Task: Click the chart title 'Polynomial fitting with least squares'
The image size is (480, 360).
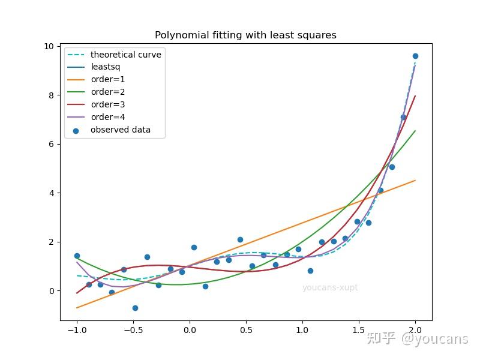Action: pyautogui.click(x=245, y=35)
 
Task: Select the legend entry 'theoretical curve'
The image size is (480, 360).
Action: pyautogui.click(x=125, y=55)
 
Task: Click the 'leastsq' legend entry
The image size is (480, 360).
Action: pyautogui.click(x=105, y=67)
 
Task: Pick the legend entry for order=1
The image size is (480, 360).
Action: pyautogui.click(x=107, y=80)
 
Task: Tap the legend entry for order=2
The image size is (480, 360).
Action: pyautogui.click(x=107, y=92)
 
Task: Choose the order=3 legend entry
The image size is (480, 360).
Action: pyautogui.click(x=107, y=104)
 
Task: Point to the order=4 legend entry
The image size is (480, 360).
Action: pyautogui.click(x=107, y=117)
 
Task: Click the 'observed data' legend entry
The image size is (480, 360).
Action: pyautogui.click(x=120, y=130)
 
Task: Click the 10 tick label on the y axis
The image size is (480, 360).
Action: pyautogui.click(x=49, y=46)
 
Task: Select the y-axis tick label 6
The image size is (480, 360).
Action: pyautogui.click(x=51, y=144)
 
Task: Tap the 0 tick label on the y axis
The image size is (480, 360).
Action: pyautogui.click(x=51, y=291)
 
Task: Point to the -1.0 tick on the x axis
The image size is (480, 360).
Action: pyautogui.click(x=76, y=329)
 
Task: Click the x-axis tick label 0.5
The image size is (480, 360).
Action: pyautogui.click(x=245, y=329)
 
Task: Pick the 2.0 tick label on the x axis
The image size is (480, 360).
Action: pyautogui.click(x=415, y=329)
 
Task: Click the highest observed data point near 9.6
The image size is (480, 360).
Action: pyautogui.click(x=415, y=56)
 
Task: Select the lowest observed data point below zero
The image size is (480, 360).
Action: pyautogui.click(x=135, y=308)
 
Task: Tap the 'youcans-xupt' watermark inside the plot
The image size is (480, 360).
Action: pyautogui.click(x=330, y=288)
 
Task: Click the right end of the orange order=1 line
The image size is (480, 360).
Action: pyautogui.click(x=415, y=181)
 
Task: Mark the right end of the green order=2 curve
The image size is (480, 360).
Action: pyautogui.click(x=415, y=131)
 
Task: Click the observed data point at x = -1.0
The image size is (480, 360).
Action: pyautogui.click(x=77, y=256)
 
